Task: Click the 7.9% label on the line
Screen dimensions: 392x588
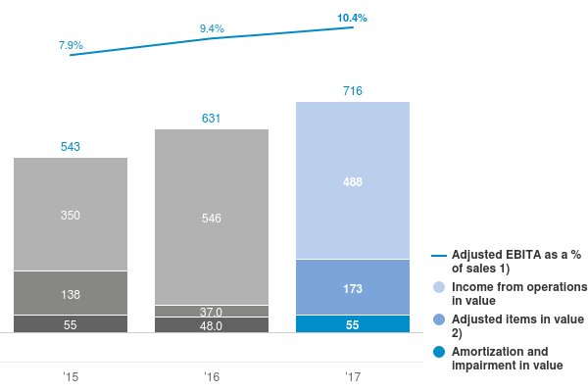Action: pos(71,45)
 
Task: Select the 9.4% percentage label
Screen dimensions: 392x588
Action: pos(212,29)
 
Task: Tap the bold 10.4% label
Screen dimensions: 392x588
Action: pos(353,19)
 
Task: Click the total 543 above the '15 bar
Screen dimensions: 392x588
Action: pos(71,147)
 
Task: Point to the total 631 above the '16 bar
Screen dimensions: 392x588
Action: pos(212,119)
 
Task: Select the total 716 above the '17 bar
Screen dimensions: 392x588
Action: pos(353,91)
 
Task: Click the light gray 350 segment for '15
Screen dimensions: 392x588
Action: pos(71,215)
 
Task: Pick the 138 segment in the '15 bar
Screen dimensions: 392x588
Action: pos(71,293)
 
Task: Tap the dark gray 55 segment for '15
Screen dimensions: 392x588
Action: pos(71,324)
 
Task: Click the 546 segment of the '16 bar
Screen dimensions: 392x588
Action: pos(212,218)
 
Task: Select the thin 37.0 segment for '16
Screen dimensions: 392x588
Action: pos(212,311)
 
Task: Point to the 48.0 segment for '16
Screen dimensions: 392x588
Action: pos(212,325)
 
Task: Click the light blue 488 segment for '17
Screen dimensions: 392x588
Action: pos(353,181)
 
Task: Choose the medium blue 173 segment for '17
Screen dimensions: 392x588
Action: pos(353,287)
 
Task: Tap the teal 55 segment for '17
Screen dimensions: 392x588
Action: pos(353,324)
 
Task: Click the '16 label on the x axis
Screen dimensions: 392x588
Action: pos(212,376)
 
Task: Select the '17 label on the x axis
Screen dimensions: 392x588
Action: pos(353,376)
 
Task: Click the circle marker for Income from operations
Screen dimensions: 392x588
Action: pos(439,287)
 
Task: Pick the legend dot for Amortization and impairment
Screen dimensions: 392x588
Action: pos(439,352)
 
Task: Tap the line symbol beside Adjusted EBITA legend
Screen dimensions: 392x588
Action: pos(439,256)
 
